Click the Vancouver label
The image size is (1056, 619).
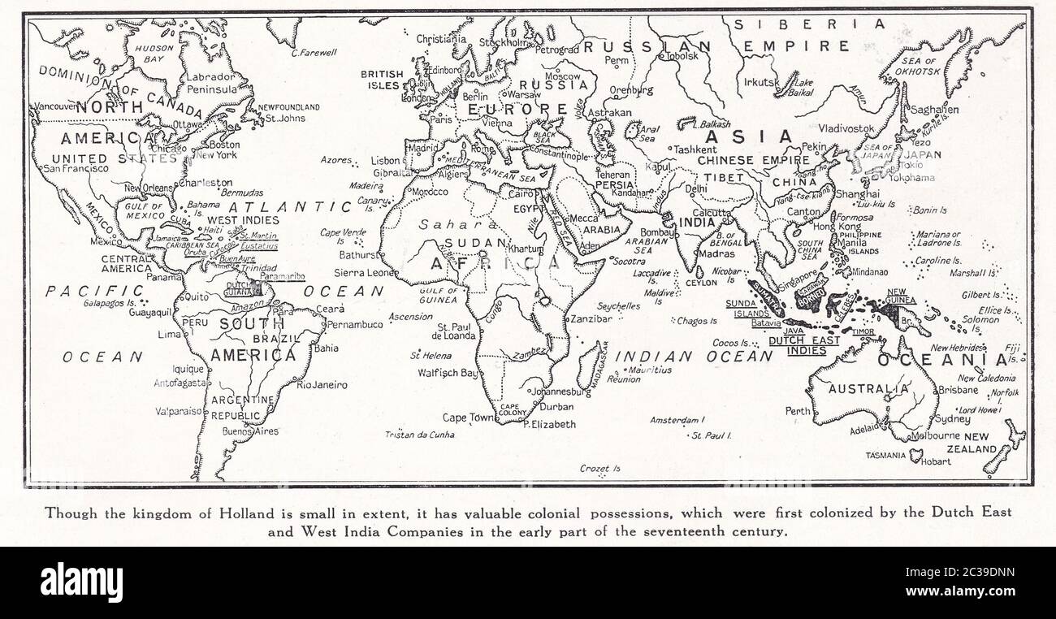53,106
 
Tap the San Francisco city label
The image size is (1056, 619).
76,169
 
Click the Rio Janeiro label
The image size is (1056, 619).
322,385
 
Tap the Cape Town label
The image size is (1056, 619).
468,418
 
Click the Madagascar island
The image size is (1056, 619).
591,366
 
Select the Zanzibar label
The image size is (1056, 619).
591,319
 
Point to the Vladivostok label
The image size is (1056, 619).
846,128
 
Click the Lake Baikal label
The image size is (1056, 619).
803,87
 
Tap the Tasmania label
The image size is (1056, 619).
885,456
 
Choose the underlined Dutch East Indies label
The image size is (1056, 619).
803,345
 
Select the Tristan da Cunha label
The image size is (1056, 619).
419,435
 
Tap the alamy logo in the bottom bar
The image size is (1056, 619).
81,582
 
